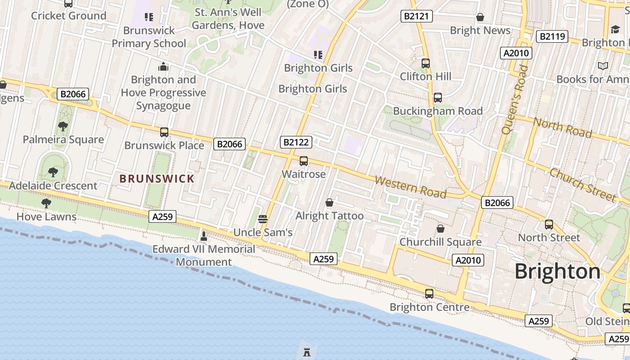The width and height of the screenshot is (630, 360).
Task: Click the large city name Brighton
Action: point(557,272)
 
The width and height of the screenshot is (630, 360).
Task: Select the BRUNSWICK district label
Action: point(157,179)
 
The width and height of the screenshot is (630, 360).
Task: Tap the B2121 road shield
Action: point(416,16)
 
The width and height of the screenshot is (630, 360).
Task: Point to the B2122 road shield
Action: point(296,143)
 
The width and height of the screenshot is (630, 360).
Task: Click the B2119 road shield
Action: point(552,36)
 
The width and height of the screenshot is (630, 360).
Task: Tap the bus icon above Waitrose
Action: point(304,161)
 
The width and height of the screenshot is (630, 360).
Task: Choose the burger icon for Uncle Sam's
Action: point(263,219)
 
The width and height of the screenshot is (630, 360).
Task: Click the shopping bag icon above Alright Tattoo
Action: point(329,203)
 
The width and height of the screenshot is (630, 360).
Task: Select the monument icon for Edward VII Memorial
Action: point(204,236)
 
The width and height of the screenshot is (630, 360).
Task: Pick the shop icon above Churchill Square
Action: point(441,229)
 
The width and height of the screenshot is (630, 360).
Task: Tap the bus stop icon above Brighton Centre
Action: point(429,294)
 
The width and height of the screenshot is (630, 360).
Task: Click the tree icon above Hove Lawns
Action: point(46,203)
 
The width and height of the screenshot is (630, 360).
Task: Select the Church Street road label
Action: point(582,185)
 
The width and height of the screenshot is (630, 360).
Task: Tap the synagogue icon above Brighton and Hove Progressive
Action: point(163,67)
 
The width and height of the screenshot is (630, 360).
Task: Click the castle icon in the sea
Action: point(307,352)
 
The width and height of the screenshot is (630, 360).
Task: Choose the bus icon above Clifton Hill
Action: point(426,63)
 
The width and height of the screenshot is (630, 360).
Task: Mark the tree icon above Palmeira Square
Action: point(63,126)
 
